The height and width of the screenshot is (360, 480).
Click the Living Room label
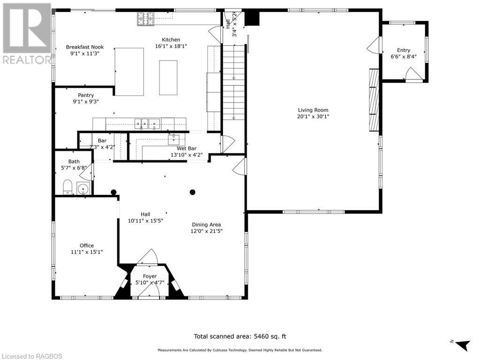313,110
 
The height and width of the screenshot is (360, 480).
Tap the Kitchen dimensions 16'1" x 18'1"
171,46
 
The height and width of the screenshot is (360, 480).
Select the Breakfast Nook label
85,47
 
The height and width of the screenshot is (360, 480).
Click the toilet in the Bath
68,187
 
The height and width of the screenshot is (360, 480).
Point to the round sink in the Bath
83,189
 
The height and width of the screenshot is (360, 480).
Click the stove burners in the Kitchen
145,19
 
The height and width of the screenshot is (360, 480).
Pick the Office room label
87,245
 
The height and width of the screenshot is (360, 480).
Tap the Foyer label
150,276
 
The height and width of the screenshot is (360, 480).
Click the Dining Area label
206,224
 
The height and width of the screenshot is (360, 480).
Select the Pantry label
86,95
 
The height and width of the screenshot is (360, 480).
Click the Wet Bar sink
174,139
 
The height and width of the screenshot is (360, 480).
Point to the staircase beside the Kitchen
234,82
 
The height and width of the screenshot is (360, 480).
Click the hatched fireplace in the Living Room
374,100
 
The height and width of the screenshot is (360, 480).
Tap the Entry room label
404,50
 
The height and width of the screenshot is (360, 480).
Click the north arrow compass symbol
461,345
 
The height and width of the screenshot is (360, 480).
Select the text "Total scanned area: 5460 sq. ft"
240,337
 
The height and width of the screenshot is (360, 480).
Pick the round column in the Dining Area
192,192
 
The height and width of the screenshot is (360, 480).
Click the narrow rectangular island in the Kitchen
168,78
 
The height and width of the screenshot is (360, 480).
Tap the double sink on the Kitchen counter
147,124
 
